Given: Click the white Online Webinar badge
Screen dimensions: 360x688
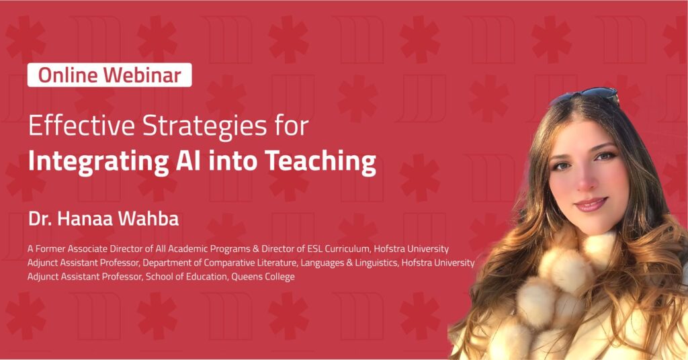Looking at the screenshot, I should coord(110,75).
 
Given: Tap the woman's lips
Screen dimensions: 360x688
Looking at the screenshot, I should coord(592,203).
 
